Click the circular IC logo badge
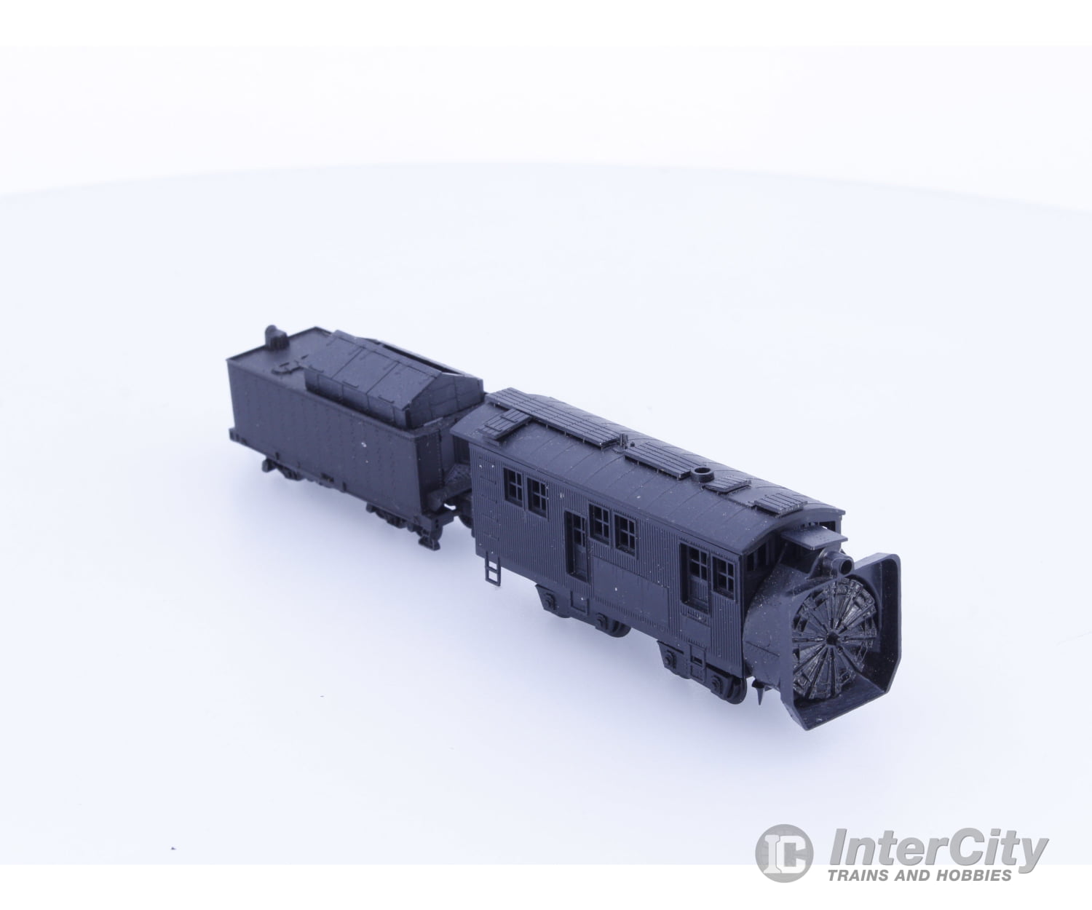[x=783, y=853]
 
